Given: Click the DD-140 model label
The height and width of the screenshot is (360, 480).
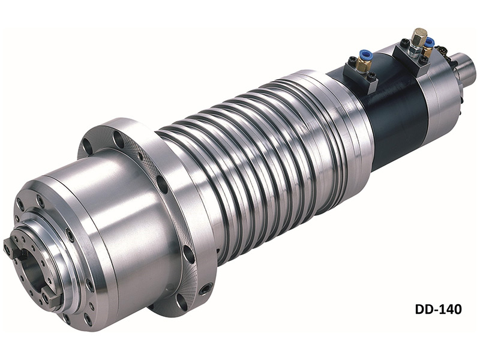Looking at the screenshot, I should [x=438, y=310].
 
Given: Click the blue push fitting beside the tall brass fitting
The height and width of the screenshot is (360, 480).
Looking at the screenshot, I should [x=430, y=41].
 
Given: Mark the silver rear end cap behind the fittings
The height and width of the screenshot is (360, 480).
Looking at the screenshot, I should [x=444, y=102].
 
